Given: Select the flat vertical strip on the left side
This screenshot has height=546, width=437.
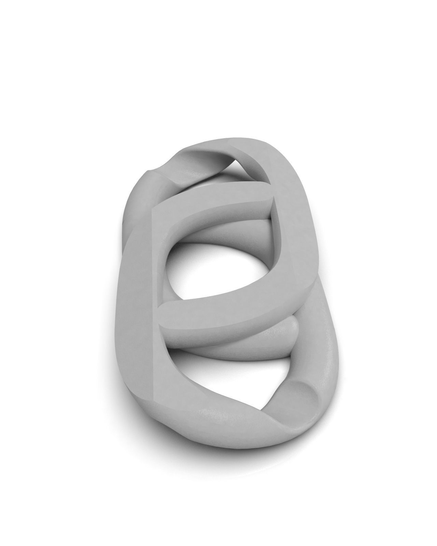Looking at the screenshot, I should point(137,307).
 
